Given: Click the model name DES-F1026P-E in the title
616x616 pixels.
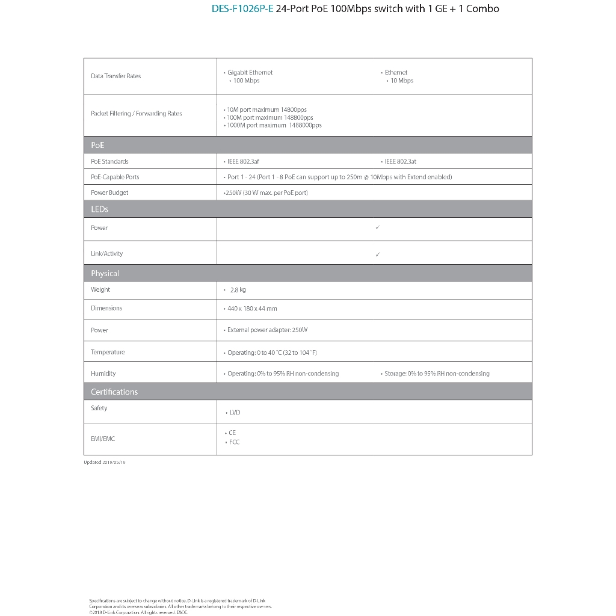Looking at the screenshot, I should pyautogui.click(x=242, y=9).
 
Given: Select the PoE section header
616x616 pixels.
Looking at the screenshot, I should pyautogui.click(x=97, y=145).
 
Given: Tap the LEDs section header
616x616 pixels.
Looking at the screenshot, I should pyautogui.click(x=99, y=209).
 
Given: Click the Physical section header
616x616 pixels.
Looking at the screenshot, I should pyautogui.click(x=105, y=273).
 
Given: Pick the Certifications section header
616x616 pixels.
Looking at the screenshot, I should pyautogui.click(x=114, y=392).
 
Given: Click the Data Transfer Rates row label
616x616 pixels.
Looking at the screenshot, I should pyautogui.click(x=115, y=76).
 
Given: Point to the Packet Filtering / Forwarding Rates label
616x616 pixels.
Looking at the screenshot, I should pyautogui.click(x=136, y=114).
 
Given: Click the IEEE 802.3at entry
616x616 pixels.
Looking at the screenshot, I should pyautogui.click(x=400, y=161).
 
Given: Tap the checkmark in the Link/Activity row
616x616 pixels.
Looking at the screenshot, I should pyautogui.click(x=377, y=254).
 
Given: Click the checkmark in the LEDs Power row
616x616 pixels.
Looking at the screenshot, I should pyautogui.click(x=377, y=227).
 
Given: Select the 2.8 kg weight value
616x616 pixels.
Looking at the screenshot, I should pyautogui.click(x=238, y=290).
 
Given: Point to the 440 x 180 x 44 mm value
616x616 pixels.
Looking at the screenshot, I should pyautogui.click(x=252, y=309).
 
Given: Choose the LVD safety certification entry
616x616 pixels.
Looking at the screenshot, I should pyautogui.click(x=235, y=413).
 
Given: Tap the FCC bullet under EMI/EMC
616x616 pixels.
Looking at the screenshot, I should pyautogui.click(x=234, y=442).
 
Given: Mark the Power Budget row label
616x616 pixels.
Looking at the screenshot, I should pyautogui.click(x=109, y=192).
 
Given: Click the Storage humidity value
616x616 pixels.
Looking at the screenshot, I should pyautogui.click(x=437, y=374).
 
